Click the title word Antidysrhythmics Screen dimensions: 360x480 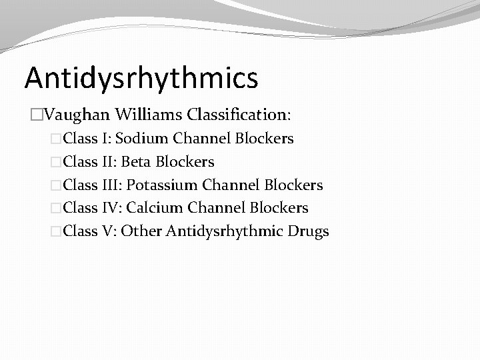coord(141,77)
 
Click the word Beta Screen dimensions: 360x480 coord(136,162)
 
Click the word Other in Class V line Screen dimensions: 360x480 coord(141,231)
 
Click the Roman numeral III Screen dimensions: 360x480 coord(111,185)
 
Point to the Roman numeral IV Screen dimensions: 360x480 coord(111,208)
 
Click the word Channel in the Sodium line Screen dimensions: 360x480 coord(199,139)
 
